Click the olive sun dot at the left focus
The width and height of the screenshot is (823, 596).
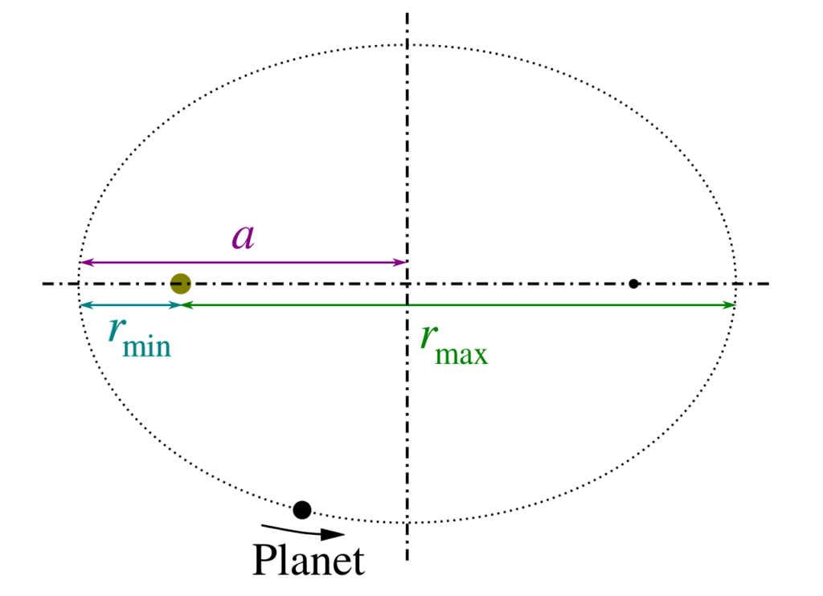(181, 284)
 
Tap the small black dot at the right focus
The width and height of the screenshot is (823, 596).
(633, 284)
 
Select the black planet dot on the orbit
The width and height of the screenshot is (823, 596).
(302, 509)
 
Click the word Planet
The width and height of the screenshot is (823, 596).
(309, 561)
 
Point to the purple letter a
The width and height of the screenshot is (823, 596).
(244, 237)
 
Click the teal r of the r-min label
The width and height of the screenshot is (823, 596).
(117, 330)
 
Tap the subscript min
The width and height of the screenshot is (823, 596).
(147, 347)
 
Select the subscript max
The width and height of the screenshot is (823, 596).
(462, 355)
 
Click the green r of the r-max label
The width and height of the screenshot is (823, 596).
(429, 337)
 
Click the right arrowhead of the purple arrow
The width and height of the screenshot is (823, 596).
(400, 262)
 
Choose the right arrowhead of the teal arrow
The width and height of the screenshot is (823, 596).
(174, 304)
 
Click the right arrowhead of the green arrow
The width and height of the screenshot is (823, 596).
(729, 304)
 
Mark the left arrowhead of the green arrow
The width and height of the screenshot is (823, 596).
(187, 304)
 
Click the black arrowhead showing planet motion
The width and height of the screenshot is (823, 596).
(332, 534)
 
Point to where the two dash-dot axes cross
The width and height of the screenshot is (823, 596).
(407, 284)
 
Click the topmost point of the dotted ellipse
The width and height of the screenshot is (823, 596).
(407, 45)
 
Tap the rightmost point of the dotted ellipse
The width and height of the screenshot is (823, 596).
(735, 284)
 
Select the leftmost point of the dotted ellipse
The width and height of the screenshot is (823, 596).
(79, 284)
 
